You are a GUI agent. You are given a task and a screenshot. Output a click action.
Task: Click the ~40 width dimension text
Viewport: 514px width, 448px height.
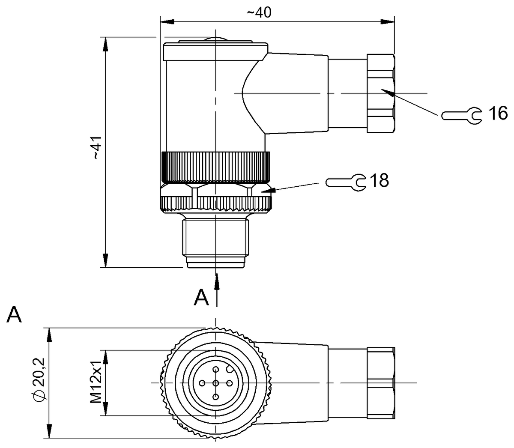[259, 13]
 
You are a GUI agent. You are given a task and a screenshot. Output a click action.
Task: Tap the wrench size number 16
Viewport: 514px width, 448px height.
[497, 113]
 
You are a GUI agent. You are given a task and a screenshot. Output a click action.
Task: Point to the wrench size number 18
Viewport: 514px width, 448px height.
[379, 181]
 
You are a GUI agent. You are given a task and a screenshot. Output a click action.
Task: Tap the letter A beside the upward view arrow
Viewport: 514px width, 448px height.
[201, 298]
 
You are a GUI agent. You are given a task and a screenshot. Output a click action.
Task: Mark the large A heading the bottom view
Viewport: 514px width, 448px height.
[15, 315]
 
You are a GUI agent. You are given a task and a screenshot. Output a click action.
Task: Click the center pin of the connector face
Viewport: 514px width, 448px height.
[216, 382]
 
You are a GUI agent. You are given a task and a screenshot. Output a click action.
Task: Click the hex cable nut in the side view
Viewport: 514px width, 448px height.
[380, 92]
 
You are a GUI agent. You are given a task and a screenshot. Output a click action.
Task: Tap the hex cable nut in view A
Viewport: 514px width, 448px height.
[380, 382]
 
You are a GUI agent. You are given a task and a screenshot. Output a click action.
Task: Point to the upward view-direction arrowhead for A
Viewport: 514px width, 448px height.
[217, 278]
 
